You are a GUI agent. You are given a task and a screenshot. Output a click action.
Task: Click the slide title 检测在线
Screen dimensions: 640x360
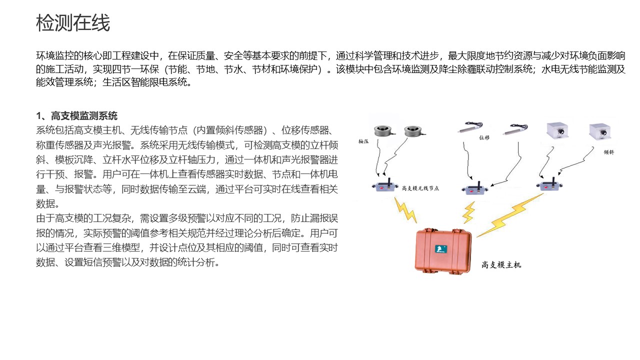pyautogui.click(x=73, y=23)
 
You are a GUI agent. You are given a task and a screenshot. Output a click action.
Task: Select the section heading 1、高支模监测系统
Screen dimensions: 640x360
pyautogui.click(x=76, y=116)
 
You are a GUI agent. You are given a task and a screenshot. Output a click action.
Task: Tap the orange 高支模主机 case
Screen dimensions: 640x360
pyautogui.click(x=443, y=251)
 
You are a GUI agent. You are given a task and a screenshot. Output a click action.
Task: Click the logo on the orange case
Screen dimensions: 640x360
pyautogui.click(x=441, y=249)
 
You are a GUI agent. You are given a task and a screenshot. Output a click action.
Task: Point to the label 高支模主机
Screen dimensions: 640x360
pyautogui.click(x=501, y=265)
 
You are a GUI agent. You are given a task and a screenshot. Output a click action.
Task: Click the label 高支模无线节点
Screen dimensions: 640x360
pyautogui.click(x=420, y=188)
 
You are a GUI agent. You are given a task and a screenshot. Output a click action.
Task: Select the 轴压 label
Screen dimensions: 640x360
pyautogui.click(x=363, y=141)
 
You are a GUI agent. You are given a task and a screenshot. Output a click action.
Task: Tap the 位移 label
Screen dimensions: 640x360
pyautogui.click(x=484, y=137)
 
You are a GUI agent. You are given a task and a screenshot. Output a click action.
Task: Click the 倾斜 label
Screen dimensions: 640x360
pyautogui.click(x=609, y=152)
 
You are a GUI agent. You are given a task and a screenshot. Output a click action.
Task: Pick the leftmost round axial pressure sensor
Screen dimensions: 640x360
pyautogui.click(x=384, y=131)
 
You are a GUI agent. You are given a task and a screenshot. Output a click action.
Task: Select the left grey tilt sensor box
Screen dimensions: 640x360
pyautogui.click(x=557, y=131)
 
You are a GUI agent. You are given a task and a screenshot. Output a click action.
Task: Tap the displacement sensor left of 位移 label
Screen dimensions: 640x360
pyautogui.click(x=470, y=127)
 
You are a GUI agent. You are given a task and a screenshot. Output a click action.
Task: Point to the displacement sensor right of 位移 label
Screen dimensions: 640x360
pyautogui.click(x=515, y=129)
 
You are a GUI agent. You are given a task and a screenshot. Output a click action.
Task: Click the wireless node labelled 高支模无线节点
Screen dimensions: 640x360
pyautogui.click(x=385, y=185)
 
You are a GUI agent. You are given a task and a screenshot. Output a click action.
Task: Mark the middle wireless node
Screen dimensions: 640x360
pyautogui.click(x=475, y=188)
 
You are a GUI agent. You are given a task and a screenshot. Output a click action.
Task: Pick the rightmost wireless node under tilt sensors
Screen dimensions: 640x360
pyautogui.click(x=549, y=184)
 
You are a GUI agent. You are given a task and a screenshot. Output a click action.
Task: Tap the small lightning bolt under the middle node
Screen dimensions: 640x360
pyautogui.click(x=469, y=212)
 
